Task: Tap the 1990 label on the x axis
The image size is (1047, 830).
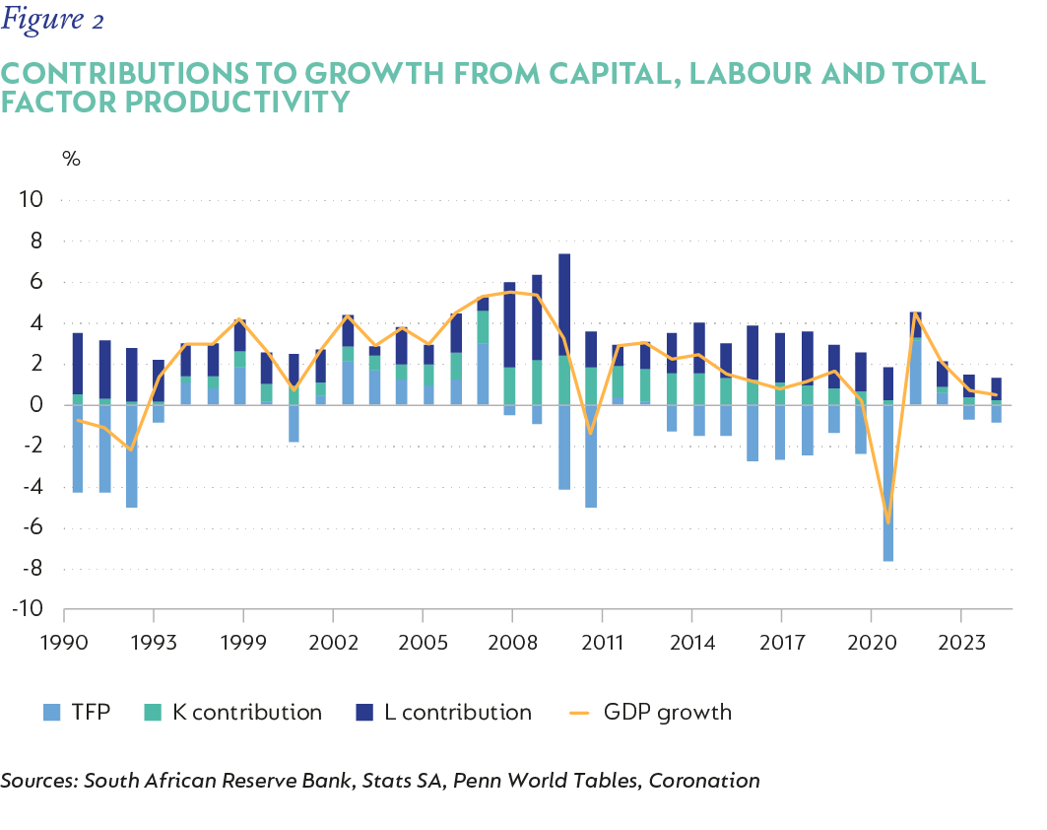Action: click(x=64, y=643)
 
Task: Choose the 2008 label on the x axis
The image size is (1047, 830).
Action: click(x=512, y=643)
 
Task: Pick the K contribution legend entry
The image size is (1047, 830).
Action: click(x=232, y=712)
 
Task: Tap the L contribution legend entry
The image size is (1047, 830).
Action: click(x=442, y=712)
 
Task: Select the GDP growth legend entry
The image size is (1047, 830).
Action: click(x=651, y=712)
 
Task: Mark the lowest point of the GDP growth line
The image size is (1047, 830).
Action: click(x=888, y=523)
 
